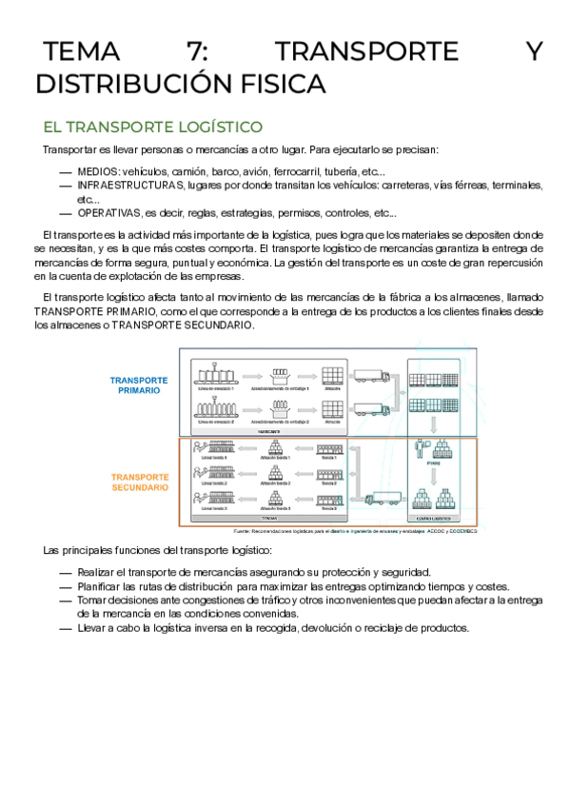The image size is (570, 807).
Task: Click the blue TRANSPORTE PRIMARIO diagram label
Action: pyautogui.click(x=139, y=385)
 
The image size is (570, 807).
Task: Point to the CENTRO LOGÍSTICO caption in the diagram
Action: pyautogui.click(x=434, y=518)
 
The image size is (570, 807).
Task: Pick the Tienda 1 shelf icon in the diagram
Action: pyautogui.click(x=329, y=446)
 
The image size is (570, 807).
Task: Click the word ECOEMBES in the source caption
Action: pyautogui.click(x=462, y=531)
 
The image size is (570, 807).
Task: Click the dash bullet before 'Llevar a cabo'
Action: pyautogui.click(x=65, y=628)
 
